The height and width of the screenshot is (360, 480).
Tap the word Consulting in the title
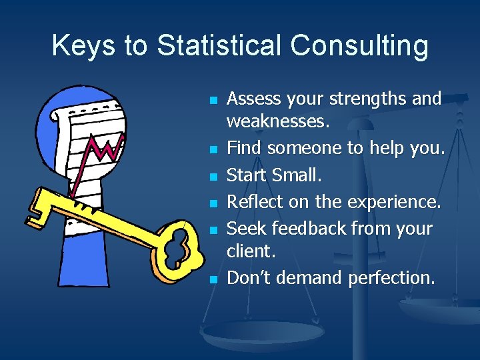click(x=359, y=45)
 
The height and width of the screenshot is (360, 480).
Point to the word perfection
click(x=391, y=278)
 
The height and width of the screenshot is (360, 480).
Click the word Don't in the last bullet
click(x=249, y=277)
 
